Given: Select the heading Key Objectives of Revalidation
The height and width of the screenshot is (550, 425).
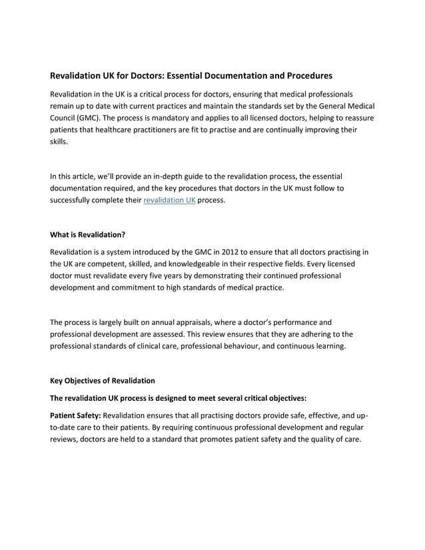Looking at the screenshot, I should point(103,381).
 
